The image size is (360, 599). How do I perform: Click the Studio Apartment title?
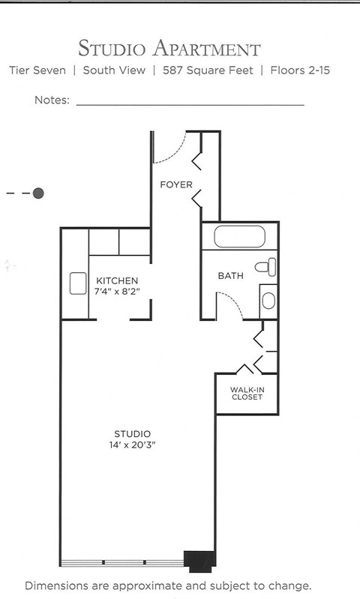[169, 49]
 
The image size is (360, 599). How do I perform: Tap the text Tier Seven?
[37, 71]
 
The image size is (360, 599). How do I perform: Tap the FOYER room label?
[176, 184]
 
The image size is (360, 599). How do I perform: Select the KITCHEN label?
[116, 281]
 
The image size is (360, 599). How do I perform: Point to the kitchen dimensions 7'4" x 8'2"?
[116, 291]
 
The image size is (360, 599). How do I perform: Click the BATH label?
[231, 276]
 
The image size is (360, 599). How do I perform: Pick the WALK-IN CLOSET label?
[247, 393]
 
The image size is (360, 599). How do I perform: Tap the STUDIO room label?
[133, 434]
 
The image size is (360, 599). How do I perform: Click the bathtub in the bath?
[239, 236]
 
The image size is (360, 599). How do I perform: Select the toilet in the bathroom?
[266, 266]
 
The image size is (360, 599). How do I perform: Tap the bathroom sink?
[268, 301]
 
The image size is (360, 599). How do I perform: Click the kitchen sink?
[79, 283]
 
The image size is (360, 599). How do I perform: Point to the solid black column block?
[200, 559]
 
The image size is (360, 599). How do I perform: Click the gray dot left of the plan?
[38, 193]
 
